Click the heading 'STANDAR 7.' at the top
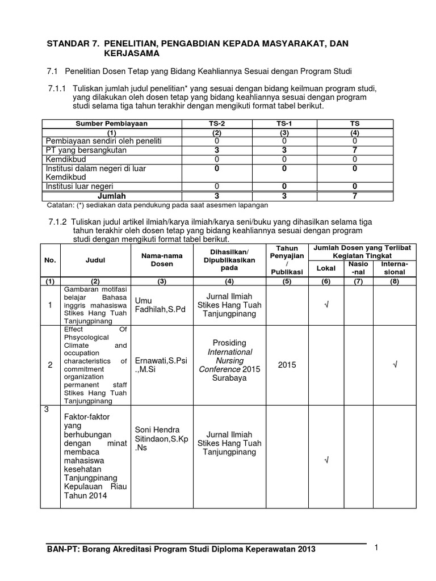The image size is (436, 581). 70,43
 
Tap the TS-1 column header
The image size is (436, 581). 282,123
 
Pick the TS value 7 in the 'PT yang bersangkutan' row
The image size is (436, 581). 354,150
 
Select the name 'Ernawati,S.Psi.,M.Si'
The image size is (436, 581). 154,365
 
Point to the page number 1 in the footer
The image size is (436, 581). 376,548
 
